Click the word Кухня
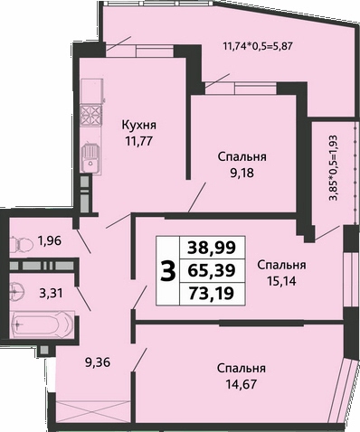coord(139,126)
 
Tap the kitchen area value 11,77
coord(139,141)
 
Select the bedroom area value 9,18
coord(242,173)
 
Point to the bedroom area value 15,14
coord(281,281)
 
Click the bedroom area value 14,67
coord(242,384)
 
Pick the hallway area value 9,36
coord(98,362)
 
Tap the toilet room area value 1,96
coord(50,240)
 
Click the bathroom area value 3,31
coord(51,293)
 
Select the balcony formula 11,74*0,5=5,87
coord(258,46)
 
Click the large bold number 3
coord(167,270)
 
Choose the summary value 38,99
coord(212,249)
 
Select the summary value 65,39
coord(212,270)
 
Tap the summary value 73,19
coord(212,293)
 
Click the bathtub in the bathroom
coord(42,324)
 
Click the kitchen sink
coord(90,157)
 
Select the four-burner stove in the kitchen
coord(90,116)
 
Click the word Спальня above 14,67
coord(242,368)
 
